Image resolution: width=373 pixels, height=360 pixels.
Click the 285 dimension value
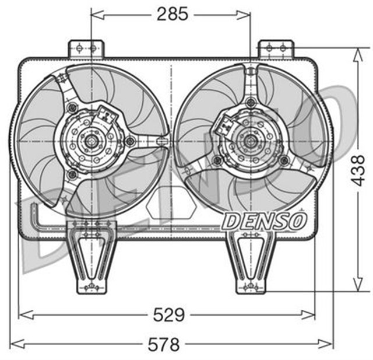click(x=173, y=15)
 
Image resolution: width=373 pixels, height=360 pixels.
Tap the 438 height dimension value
click(x=358, y=169)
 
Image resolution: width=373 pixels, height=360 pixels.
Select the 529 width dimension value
click(x=168, y=316)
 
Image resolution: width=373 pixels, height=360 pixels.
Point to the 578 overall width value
click(x=163, y=344)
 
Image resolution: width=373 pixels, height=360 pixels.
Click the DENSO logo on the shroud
click(x=265, y=221)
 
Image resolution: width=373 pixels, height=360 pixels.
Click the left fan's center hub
click(x=91, y=141)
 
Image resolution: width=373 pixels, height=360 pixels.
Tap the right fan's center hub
click(x=251, y=141)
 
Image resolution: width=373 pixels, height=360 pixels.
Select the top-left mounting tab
click(x=86, y=48)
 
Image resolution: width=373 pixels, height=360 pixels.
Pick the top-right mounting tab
click(x=275, y=48)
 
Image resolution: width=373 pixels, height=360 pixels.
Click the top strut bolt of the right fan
click(x=251, y=102)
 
